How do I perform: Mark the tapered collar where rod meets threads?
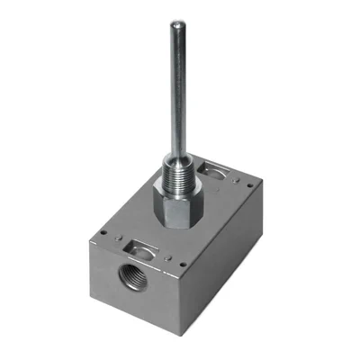(x=171, y=135)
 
